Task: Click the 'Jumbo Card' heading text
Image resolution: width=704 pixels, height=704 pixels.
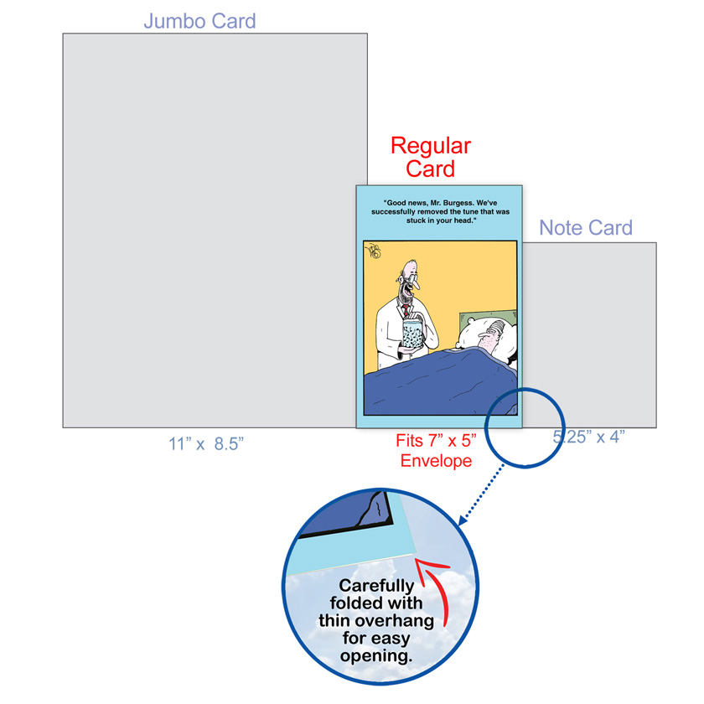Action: point(199,21)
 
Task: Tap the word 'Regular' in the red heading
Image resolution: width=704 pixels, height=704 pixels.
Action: point(431,147)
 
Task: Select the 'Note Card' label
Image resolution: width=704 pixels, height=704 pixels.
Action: point(585,227)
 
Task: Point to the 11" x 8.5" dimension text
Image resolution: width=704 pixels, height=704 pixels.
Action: point(205,444)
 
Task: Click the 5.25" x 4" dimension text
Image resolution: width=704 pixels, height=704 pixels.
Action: point(588,437)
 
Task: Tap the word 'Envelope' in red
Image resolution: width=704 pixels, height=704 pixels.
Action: point(434,461)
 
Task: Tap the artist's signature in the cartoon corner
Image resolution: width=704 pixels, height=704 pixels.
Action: point(374,249)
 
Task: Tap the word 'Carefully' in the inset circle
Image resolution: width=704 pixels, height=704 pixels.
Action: point(375,587)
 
